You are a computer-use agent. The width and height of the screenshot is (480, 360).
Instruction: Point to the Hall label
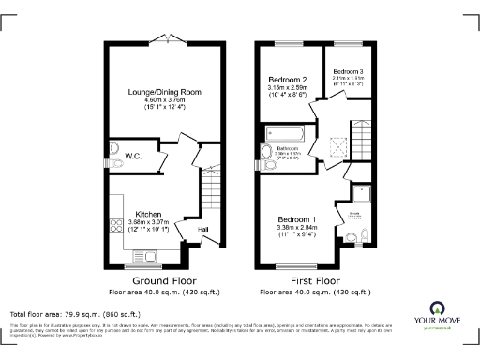point(202,228)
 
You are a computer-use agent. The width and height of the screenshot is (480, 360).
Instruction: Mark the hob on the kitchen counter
point(117,226)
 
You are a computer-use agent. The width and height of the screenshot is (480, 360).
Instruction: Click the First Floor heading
point(316,279)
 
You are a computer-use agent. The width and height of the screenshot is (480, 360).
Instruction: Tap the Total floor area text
point(75,313)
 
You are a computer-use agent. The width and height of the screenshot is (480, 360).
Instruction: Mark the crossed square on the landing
point(342,142)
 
